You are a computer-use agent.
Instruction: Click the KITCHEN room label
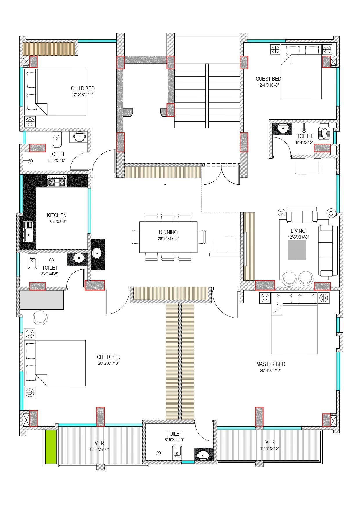coord(57,215)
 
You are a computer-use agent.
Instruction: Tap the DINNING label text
coord(168,232)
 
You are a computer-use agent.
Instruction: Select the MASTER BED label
coord(270,364)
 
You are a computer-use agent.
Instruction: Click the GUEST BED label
coord(268,79)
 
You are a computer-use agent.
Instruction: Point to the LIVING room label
coord(298,231)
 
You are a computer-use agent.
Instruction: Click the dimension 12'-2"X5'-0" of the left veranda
coord(99,449)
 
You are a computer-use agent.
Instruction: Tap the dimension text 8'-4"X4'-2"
coord(305,142)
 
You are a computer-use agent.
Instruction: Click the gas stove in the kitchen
coord(57,182)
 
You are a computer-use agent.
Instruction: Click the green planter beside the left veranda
coord(51,447)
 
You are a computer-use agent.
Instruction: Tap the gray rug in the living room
coord(297,250)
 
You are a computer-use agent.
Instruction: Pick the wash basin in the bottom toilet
coord(204,455)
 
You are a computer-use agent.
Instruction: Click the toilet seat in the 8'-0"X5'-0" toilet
coord(57,140)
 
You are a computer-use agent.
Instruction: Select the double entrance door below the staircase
coord(222,174)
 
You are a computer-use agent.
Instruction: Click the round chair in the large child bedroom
coord(40,318)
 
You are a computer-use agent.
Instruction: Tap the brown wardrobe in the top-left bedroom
coord(49,49)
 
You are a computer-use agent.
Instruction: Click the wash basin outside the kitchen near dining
coord(97,253)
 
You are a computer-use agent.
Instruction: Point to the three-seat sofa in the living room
coord(328,250)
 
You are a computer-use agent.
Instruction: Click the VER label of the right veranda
coord(270,442)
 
